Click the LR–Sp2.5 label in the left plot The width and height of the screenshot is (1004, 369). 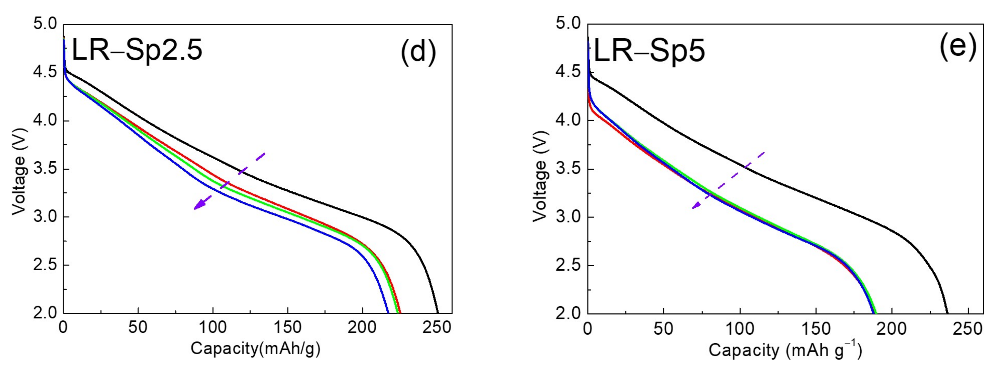(137, 51)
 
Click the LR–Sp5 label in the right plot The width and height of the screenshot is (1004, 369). (649, 52)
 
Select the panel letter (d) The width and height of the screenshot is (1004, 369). (418, 51)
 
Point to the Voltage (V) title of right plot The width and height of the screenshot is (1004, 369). (540, 176)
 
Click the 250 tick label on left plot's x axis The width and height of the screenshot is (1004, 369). (437, 327)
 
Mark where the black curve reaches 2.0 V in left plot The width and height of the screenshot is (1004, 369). (438, 312)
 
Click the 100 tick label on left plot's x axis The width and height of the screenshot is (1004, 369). (213, 327)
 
